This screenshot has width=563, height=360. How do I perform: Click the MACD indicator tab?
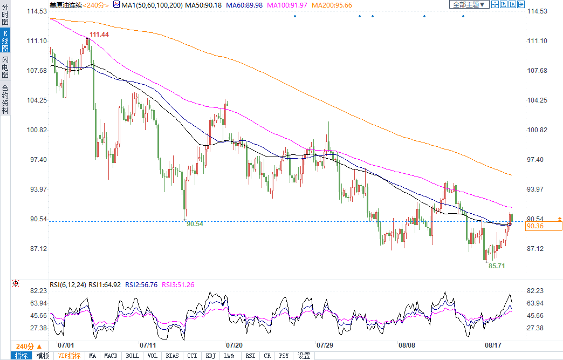tap(111, 356)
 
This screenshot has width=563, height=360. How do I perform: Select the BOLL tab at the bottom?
tap(132, 356)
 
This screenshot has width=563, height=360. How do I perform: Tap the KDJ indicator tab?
tap(210, 356)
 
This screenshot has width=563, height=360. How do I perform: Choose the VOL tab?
tap(153, 356)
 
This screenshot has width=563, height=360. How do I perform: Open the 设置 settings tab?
tap(304, 356)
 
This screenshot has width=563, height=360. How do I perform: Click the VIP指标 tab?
tap(69, 356)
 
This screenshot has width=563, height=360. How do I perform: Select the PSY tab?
tap(284, 356)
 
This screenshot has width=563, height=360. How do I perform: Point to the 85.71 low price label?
tap(497, 266)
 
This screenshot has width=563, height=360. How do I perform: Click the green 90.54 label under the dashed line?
tap(195, 224)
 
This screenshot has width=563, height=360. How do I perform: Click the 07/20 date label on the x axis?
tap(234, 344)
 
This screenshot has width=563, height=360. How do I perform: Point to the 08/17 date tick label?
tap(493, 344)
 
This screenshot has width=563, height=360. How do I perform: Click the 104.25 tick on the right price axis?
tap(541, 100)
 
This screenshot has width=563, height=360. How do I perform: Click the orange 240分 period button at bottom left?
tap(25, 346)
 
